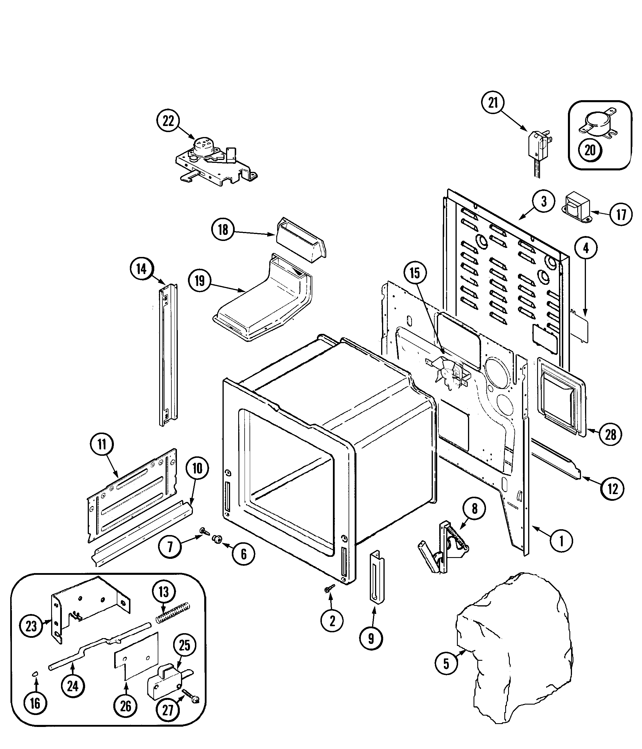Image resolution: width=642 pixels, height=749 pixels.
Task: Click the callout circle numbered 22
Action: point(168,121)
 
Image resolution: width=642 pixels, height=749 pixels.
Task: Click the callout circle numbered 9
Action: point(371,639)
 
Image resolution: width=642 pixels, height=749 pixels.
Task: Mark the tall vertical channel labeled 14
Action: point(168,354)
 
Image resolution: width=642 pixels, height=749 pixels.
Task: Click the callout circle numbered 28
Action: point(611,434)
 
